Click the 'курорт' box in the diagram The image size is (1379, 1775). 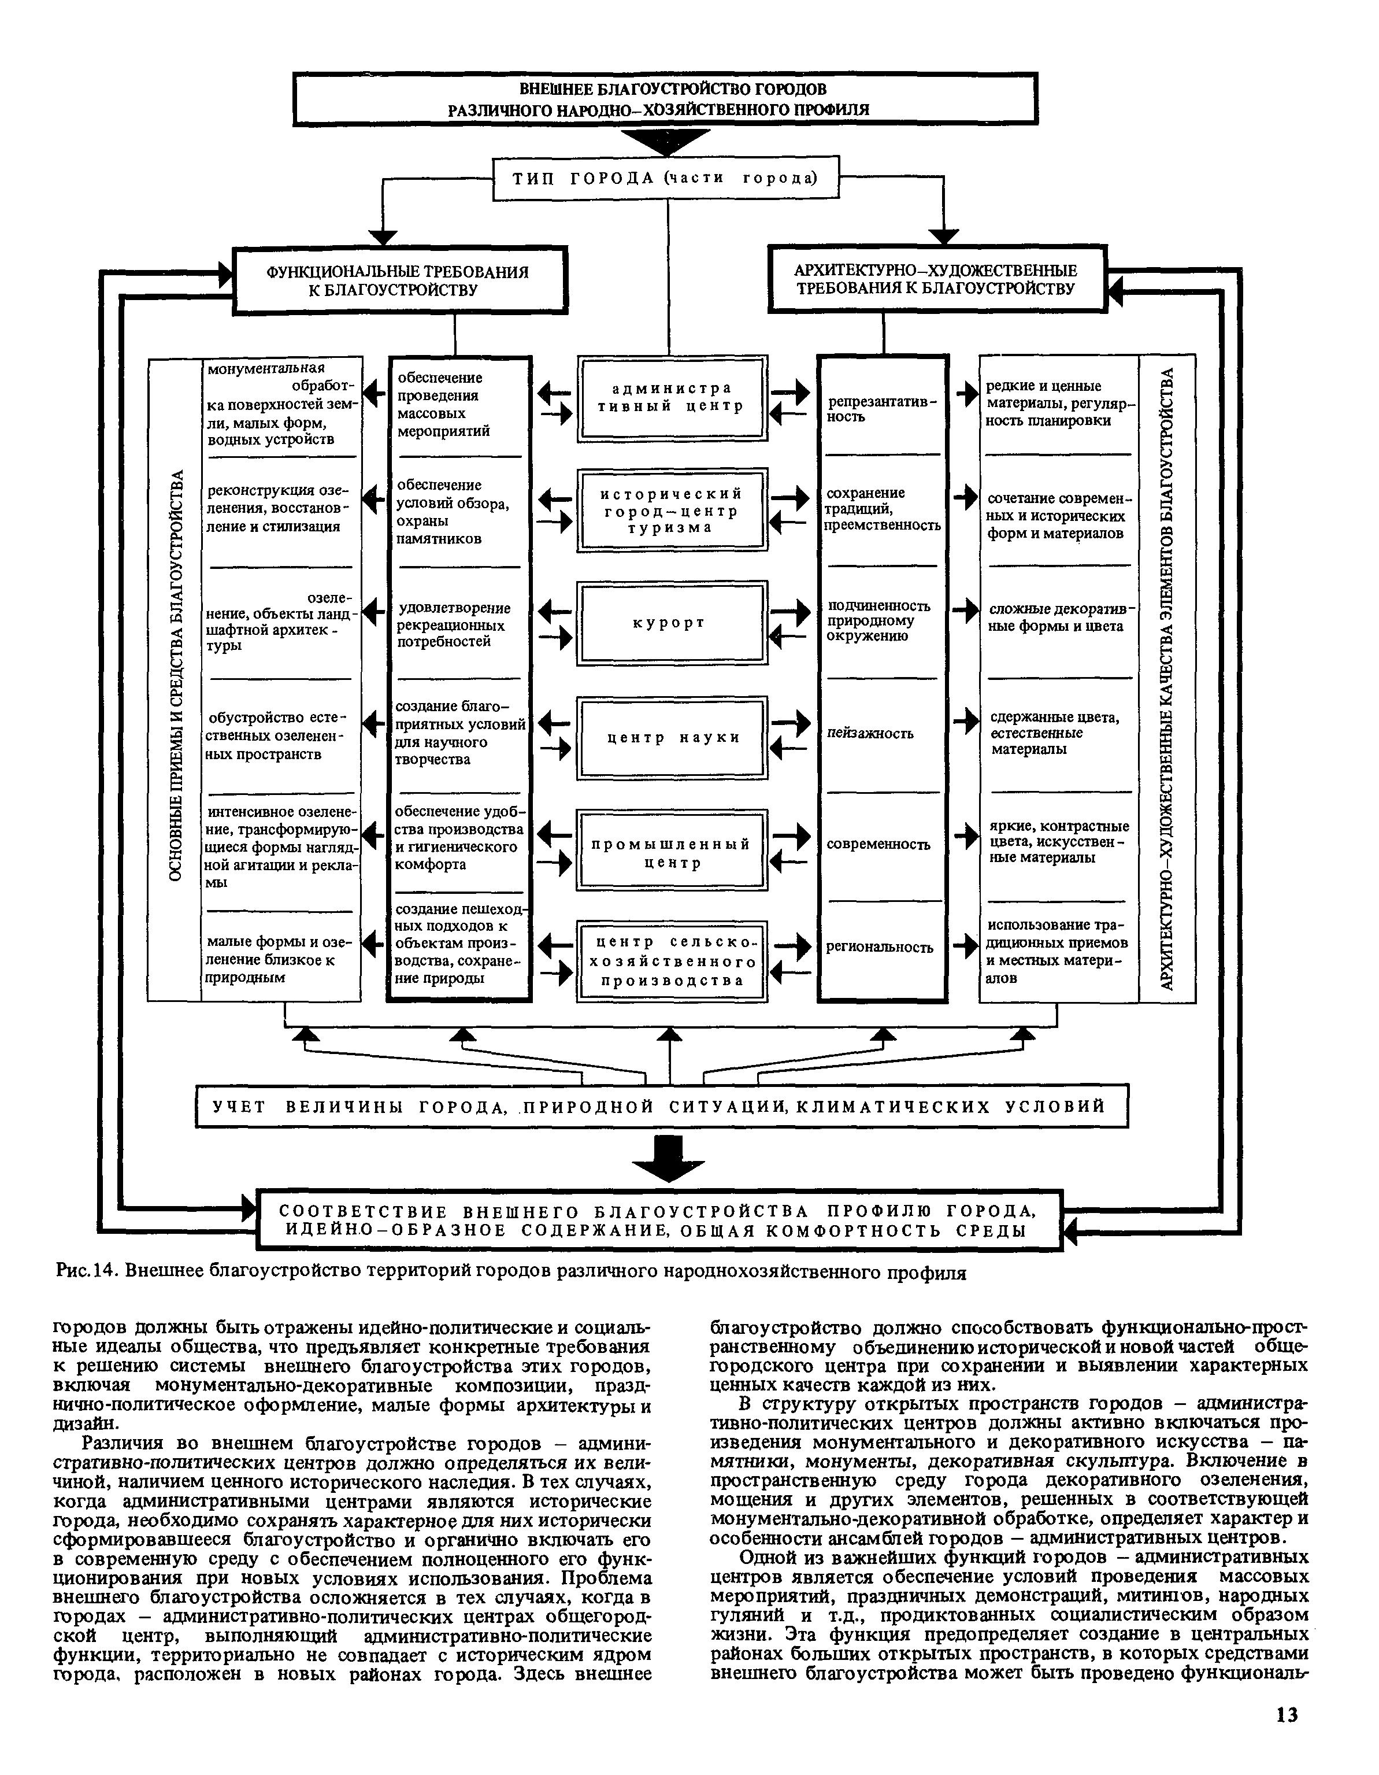point(671,623)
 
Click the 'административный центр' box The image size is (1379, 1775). point(671,397)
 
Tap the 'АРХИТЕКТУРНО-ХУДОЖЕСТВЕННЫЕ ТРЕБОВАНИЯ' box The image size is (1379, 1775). point(936,280)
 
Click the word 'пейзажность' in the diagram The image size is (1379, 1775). point(870,734)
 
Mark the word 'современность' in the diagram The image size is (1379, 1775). point(878,844)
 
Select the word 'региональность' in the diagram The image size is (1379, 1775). point(880,947)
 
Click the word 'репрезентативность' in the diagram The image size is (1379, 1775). point(882,409)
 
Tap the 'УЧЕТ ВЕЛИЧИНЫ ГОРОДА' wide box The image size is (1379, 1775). point(662,1106)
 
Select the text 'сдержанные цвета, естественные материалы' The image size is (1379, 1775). point(1055,733)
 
